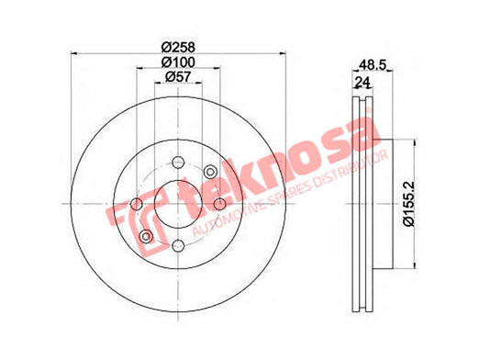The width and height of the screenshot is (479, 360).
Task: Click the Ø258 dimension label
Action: click(178, 47)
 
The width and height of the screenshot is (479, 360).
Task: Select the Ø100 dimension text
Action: click(178, 62)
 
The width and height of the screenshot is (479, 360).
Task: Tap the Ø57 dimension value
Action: click(178, 76)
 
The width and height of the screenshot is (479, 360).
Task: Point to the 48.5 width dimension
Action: click(373, 64)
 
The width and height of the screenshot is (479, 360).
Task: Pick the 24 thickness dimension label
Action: click(362, 82)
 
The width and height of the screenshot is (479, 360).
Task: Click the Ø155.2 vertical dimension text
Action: click(408, 204)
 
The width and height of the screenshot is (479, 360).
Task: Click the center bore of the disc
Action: click(178, 204)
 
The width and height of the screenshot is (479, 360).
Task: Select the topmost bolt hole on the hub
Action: click(178, 162)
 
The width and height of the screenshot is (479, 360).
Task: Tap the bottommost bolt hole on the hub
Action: click(178, 245)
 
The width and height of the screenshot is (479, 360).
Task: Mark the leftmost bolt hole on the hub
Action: click(137, 204)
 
